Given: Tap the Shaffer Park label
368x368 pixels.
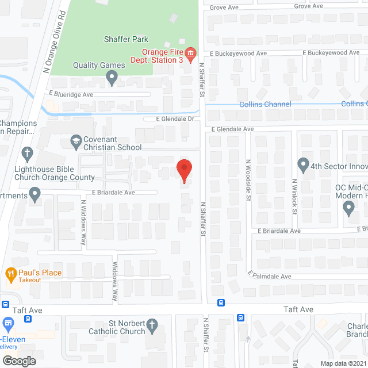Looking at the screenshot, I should click(126, 39).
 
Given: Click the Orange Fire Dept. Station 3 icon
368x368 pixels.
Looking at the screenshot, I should click(191, 52).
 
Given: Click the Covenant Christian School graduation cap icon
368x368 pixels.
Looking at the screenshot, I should click(75, 141).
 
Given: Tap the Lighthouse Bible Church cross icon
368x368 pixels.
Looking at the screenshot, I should click(26, 154).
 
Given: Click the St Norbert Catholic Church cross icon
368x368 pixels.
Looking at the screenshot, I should click(152, 325).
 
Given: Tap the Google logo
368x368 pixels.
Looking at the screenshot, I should click(18, 361).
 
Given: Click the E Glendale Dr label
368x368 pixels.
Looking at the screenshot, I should click(177, 119).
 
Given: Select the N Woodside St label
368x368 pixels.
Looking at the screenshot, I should click(248, 179).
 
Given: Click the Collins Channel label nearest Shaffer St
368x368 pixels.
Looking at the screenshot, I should click(265, 104).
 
